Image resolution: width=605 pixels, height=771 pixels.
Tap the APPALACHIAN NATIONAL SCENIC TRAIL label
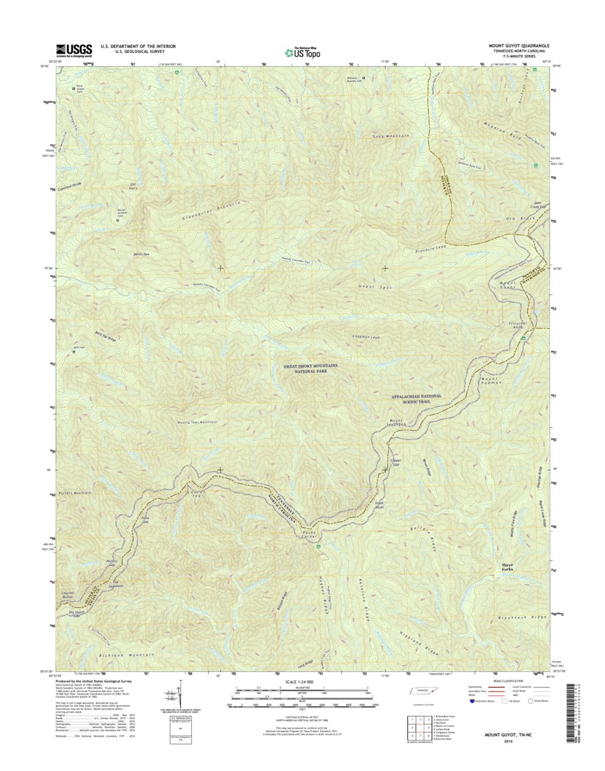click(x=416, y=399)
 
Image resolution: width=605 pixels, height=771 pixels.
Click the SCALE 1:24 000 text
click(x=302, y=682)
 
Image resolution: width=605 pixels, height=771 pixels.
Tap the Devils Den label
click(x=142, y=254)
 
